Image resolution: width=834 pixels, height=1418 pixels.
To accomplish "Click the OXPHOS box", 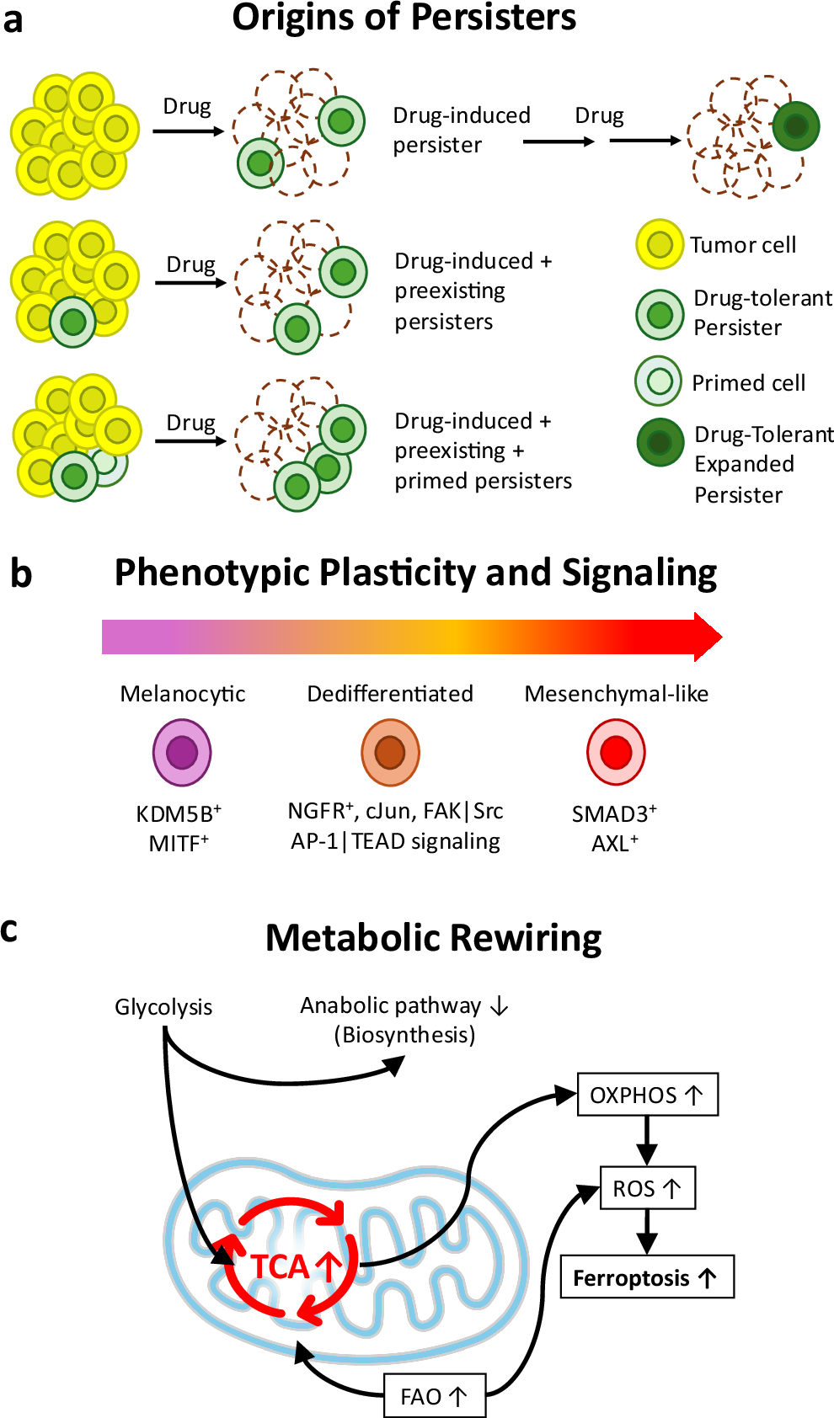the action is coord(647,1095).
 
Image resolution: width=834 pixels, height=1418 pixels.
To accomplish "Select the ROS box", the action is coord(647,1187).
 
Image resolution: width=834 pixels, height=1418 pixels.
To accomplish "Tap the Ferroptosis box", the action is coord(647,1277).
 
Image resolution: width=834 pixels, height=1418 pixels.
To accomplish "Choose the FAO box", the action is coord(435,1395).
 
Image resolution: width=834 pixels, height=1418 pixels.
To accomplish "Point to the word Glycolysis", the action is coord(163,1006).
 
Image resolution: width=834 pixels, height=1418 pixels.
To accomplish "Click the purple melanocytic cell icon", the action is coord(182,752).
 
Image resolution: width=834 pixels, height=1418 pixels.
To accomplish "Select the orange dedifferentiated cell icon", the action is coord(390,752).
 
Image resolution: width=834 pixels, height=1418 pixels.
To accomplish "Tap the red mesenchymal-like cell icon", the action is coord(616,752).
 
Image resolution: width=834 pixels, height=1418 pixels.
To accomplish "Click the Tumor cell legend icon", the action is coord(660,243).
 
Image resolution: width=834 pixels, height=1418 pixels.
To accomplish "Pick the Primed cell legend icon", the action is coord(659,381).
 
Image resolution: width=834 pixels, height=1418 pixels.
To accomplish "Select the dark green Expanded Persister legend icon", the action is coord(660,442).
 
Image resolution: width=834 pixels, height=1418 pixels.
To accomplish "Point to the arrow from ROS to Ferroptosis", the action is coord(646,1232).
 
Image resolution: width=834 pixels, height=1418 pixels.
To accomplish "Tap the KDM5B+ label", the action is coord(179,813).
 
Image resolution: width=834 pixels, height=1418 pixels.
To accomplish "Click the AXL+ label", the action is coord(615,843).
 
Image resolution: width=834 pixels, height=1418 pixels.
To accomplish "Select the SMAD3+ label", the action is coord(614,813).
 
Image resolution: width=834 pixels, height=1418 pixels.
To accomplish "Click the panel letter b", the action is coord(21,573).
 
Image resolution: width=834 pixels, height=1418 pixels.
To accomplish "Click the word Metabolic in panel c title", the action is coord(353,937).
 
